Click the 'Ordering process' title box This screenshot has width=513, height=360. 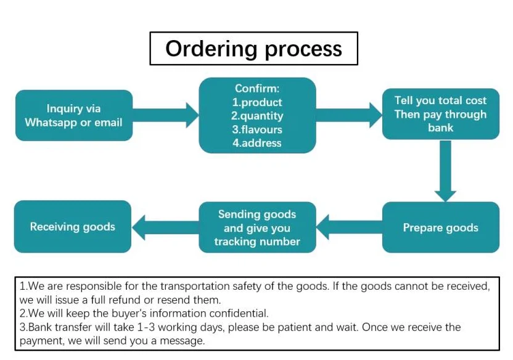[x=253, y=49]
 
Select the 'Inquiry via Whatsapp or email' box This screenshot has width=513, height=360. [x=73, y=115]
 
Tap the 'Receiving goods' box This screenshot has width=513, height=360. [x=73, y=226]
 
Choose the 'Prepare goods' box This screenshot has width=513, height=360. [x=440, y=227]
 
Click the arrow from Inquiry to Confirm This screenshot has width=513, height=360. [x=165, y=115]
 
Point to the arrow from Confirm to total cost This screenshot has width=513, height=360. [x=349, y=115]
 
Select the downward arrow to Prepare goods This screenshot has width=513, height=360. [x=445, y=170]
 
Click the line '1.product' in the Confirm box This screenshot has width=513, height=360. [x=257, y=102]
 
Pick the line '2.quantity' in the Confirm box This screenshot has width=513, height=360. [x=257, y=116]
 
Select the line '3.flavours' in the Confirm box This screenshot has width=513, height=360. [x=257, y=129]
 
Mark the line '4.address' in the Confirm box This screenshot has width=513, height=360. [x=257, y=143]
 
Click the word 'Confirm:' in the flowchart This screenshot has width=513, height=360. [x=257, y=89]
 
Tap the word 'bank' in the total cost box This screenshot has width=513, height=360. [x=440, y=128]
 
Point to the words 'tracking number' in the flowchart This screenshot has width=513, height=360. [x=257, y=241]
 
